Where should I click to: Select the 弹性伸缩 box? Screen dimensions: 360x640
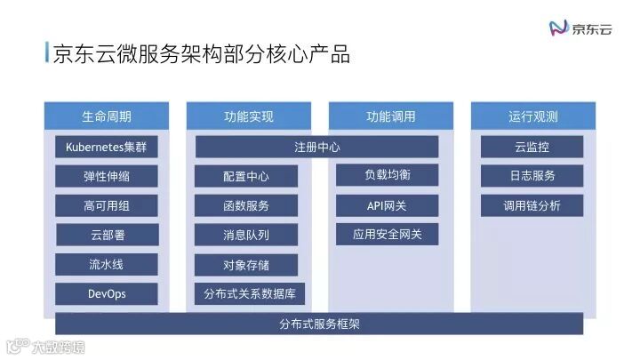click(x=107, y=176)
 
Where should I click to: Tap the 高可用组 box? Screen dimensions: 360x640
click(x=107, y=205)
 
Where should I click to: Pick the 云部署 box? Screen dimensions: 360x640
click(x=107, y=235)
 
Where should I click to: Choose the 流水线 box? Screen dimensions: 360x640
click(x=107, y=264)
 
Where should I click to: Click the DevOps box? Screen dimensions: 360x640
click(x=107, y=293)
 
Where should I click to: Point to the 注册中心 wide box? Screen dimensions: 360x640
click(x=317, y=147)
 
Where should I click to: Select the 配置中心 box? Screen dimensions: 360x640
click(x=246, y=176)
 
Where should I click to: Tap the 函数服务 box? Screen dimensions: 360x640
click(x=246, y=205)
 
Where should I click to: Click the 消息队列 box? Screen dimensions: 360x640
click(x=246, y=235)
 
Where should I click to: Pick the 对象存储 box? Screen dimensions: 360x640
click(x=246, y=264)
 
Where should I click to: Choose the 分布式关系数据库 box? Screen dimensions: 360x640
click(x=250, y=293)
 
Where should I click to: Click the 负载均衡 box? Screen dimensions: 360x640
click(x=388, y=175)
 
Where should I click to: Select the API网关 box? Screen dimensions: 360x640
click(x=388, y=205)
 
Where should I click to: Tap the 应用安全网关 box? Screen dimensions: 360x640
click(x=388, y=235)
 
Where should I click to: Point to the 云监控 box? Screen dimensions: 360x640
click(x=532, y=147)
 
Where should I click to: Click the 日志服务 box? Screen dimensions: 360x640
click(x=532, y=176)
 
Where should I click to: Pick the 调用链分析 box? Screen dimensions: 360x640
click(x=532, y=205)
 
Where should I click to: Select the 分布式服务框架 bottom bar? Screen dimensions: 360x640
click(x=319, y=324)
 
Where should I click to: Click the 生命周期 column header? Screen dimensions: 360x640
click(x=107, y=116)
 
